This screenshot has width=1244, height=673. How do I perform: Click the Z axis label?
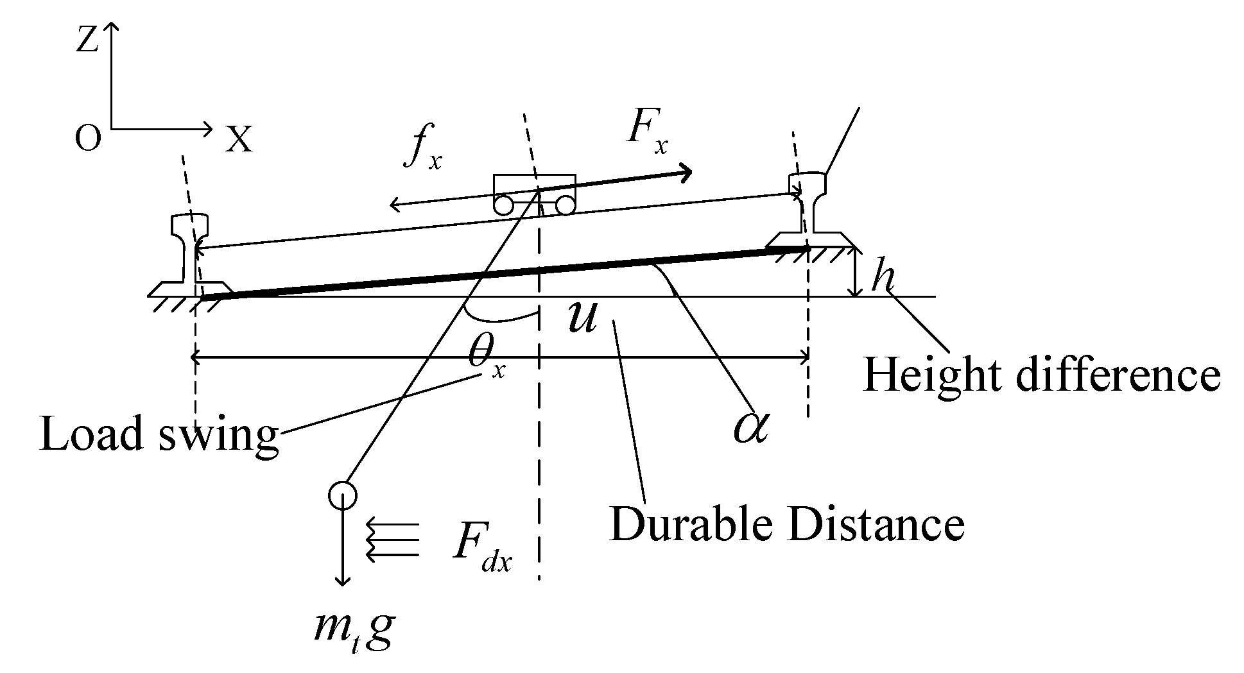pos(87,41)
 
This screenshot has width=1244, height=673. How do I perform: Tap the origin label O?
pos(88,139)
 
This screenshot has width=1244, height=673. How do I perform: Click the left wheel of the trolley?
pos(503,205)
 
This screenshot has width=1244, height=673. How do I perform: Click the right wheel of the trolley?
pos(564,205)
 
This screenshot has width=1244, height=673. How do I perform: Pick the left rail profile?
pos(189,257)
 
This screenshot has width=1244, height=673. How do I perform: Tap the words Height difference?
pos(1041,375)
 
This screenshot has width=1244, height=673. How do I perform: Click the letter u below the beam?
pos(582,318)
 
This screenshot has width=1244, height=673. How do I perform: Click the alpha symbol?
pos(752,426)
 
